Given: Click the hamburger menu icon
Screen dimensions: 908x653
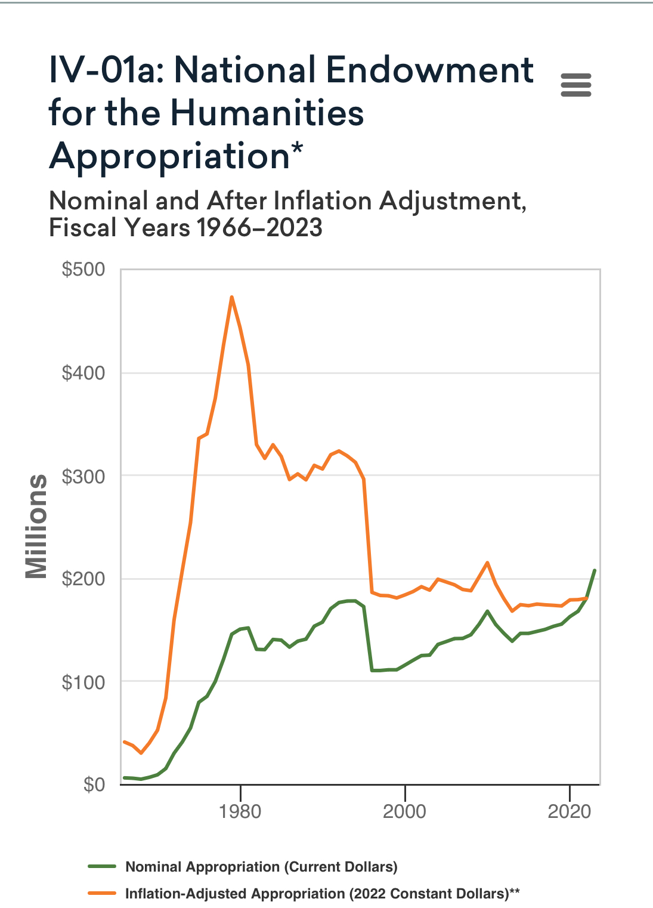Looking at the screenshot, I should click(576, 85).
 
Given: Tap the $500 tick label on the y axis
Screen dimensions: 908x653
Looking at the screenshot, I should click(83, 270).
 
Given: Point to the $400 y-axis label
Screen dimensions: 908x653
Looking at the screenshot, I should click(83, 373).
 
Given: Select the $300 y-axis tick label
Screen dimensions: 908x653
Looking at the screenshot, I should click(83, 476).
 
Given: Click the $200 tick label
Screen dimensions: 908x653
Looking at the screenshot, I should click(83, 579).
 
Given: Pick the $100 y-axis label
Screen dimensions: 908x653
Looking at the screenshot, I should click(83, 682).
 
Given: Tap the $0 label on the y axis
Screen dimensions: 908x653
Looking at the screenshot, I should click(94, 785).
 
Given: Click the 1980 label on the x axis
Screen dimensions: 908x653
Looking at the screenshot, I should click(240, 811).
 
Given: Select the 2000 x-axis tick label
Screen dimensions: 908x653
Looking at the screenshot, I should click(404, 811).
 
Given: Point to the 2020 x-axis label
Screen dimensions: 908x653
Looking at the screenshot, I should click(570, 811).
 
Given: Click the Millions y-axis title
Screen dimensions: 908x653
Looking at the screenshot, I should click(36, 526).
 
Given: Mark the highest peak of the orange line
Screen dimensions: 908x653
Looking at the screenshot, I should click(231, 297).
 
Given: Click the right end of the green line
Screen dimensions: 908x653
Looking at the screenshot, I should click(595, 570).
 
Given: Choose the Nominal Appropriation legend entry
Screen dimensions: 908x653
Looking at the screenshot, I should click(261, 867).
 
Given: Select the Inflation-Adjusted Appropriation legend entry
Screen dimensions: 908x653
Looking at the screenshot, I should click(322, 894).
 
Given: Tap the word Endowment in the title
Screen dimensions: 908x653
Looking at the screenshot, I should click(429, 70).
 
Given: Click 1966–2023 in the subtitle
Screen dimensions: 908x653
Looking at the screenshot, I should click(259, 228).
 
